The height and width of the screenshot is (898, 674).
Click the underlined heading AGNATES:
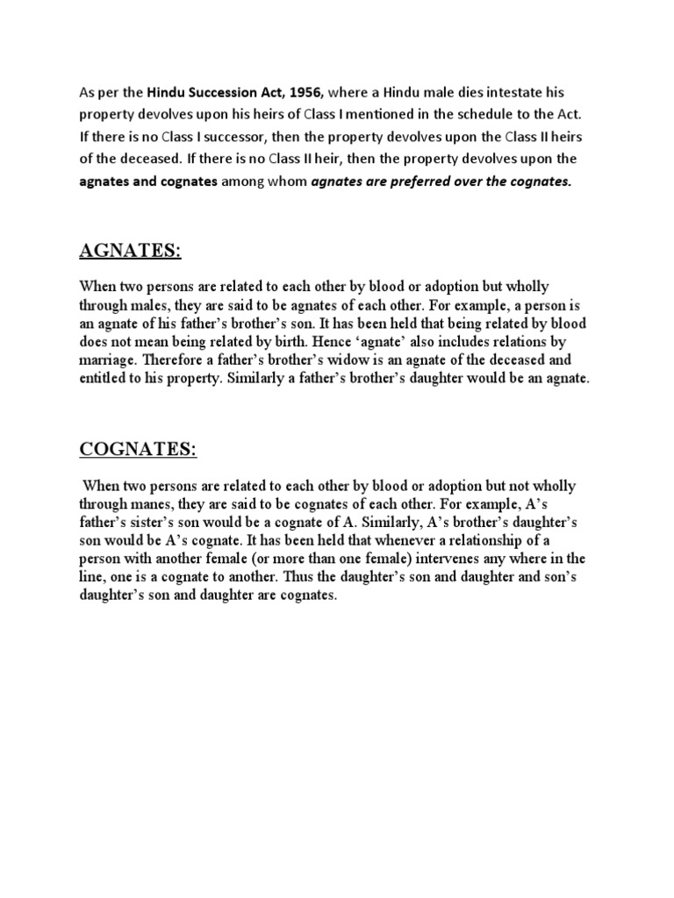click(131, 252)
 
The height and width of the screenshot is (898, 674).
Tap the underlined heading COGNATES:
click(139, 450)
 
